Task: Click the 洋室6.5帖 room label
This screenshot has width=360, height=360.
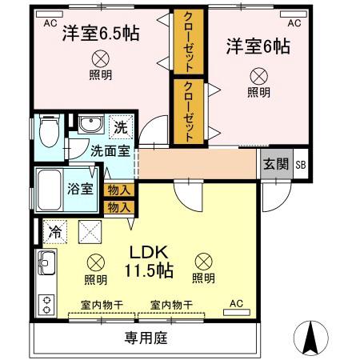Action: pos(100,34)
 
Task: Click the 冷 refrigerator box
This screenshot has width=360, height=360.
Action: pos(54,231)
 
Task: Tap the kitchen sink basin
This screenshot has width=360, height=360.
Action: pos(45,262)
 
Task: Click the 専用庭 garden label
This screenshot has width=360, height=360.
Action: pos(145,338)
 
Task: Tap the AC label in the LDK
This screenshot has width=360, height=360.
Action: pos(237,303)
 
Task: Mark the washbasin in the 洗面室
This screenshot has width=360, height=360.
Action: pos(89,125)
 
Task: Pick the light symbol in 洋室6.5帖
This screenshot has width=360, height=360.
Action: pos(101,58)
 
